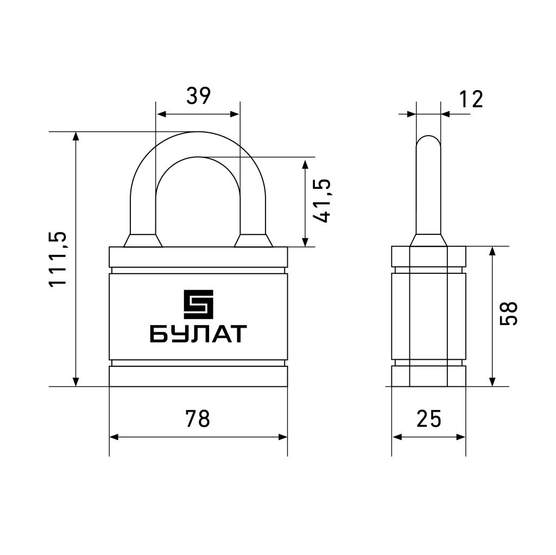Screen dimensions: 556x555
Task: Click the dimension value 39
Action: point(199,95)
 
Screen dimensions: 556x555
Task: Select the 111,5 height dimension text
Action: point(58,259)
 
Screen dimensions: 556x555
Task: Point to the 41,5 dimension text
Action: point(323,201)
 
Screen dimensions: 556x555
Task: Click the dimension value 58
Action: point(508,314)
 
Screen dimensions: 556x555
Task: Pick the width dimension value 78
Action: point(198,418)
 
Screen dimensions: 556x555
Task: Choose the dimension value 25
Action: point(429,418)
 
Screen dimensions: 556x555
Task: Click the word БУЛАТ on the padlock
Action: point(198,334)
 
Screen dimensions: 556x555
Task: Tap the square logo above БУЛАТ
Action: point(198,304)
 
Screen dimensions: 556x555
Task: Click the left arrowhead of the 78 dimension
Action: point(113,437)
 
